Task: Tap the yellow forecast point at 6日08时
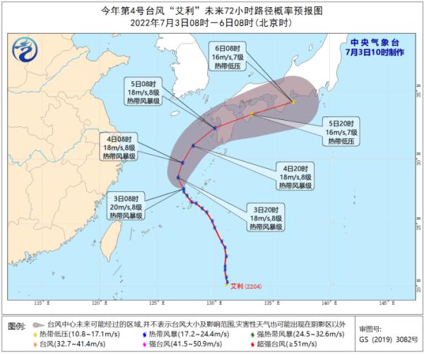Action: coord(293,102)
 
